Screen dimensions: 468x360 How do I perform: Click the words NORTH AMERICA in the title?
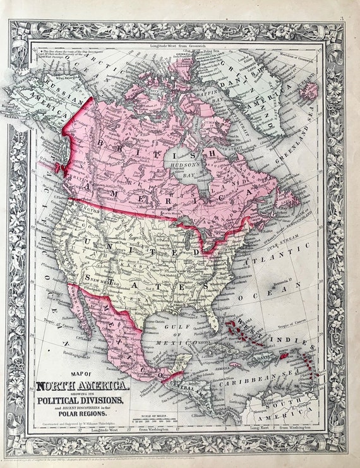[83, 385]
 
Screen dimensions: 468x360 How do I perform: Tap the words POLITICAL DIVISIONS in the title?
[83, 400]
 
